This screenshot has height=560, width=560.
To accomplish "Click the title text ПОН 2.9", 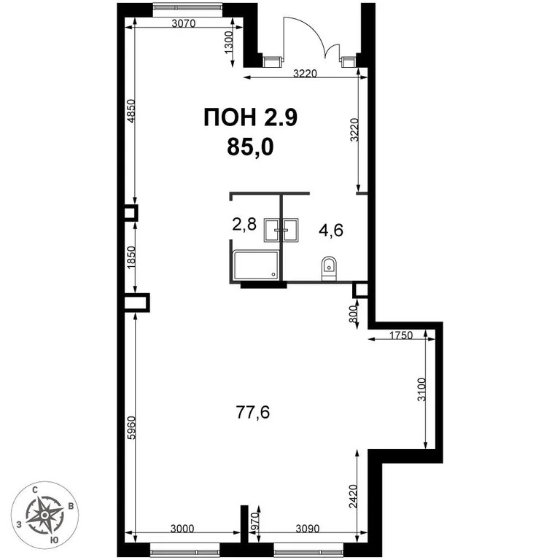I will point(250,117).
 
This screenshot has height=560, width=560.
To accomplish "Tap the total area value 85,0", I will point(250,147).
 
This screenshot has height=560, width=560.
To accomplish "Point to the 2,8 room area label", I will point(244,225).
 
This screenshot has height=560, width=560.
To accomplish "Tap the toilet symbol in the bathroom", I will point(327,268).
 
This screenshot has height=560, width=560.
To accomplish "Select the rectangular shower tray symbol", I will point(255,265).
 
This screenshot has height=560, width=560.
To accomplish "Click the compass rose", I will point(44,514).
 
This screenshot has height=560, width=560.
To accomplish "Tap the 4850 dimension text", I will point(131,113).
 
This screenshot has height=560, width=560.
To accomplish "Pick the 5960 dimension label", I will point(131,424).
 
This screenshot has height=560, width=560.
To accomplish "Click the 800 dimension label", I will point(353,314).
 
